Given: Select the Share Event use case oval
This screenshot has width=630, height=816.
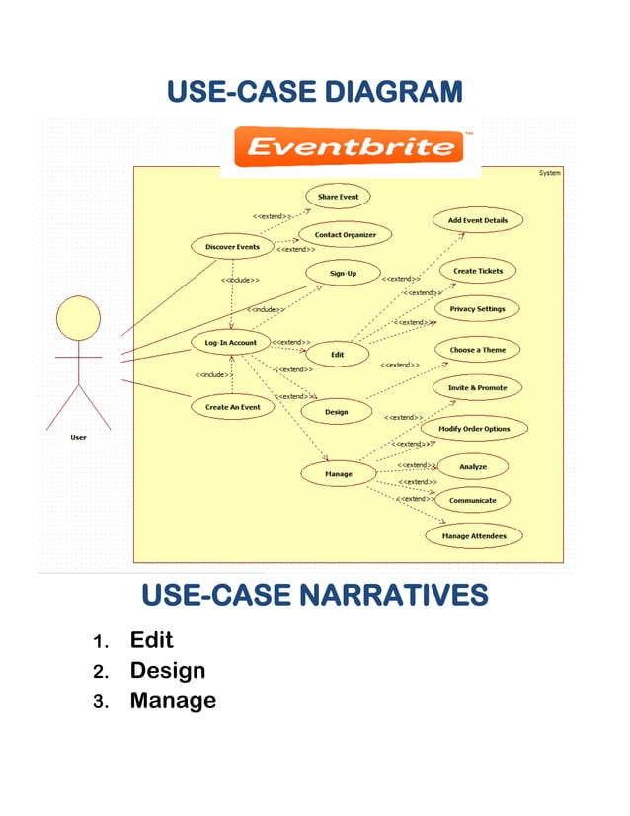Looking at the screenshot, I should coord(338,197).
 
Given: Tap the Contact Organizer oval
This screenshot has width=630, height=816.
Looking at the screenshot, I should coord(346,235).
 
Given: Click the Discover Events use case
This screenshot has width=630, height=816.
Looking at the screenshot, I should coord(232,246).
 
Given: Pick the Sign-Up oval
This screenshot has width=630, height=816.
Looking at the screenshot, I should coord(343,273).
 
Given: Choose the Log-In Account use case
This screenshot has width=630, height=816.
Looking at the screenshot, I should coord(230,343).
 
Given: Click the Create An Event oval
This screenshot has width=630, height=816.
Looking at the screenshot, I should coord(232,407).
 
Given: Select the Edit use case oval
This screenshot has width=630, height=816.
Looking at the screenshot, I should coord(336,354).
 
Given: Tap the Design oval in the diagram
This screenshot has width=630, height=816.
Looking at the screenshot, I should coord(336,412).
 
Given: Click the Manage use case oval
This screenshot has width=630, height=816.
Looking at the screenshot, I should coord(338,475).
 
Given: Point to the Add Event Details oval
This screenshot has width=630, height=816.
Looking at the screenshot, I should coord(477,221).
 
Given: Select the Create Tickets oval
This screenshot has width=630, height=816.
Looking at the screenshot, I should coord(478,271).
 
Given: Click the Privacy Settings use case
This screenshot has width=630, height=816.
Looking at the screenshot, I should coord(477,309).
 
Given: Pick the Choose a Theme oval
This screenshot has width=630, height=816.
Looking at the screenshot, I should coord(477,350).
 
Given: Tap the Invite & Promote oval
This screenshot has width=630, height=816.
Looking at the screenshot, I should coord(477,388).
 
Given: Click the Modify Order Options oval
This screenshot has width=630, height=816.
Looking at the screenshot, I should coord(474,429).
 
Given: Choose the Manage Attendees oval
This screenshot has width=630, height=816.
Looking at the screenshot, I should coord(473,536).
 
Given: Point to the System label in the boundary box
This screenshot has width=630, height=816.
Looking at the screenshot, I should coord(549,173).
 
